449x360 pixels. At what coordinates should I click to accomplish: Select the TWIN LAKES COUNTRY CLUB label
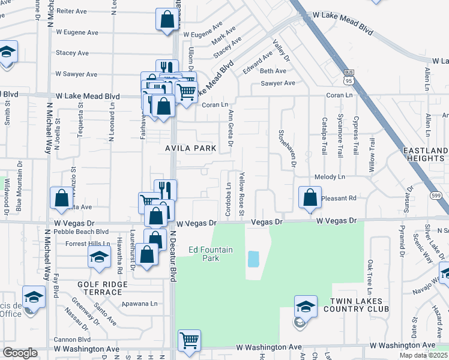(x=356, y=304)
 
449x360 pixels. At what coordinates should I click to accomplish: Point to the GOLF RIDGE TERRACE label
(x=100, y=287)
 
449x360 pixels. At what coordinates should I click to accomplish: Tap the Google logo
(x=20, y=353)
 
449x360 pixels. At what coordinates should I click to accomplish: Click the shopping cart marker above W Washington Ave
(x=190, y=340)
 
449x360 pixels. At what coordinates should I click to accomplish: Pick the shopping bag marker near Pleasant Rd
(x=309, y=197)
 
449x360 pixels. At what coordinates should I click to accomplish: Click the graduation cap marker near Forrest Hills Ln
(x=100, y=257)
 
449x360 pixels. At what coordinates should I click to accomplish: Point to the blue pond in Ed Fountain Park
(x=253, y=259)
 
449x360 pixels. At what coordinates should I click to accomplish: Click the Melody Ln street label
(x=330, y=177)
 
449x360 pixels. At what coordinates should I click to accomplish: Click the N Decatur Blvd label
(x=173, y=257)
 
